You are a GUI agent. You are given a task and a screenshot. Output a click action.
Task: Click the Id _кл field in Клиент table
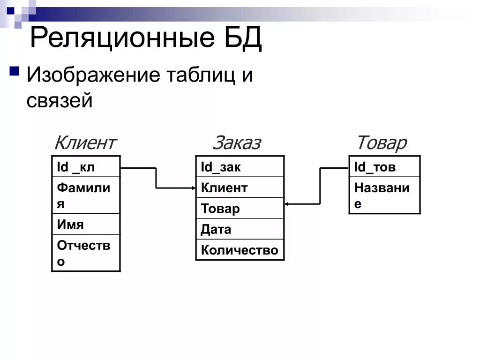click(86, 166)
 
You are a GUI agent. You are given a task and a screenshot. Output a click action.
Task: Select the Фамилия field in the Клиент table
click(86, 195)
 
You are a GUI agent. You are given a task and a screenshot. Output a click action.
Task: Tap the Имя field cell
click(86, 224)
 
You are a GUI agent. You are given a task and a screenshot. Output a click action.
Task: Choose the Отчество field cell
click(86, 253)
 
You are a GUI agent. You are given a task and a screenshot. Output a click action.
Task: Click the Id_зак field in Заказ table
click(240, 167)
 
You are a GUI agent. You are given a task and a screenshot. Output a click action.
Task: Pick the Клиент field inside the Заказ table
click(240, 187)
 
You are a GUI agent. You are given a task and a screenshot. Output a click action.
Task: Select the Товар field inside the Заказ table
click(240, 208)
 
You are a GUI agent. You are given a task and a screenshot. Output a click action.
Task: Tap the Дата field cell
click(240, 229)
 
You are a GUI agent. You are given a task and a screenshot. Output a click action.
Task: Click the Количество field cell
click(240, 250)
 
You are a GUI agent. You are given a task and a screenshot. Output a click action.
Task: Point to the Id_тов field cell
click(384, 167)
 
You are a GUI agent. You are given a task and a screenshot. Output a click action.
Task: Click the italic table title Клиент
click(85, 142)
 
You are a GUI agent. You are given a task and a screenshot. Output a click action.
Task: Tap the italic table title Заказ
click(237, 142)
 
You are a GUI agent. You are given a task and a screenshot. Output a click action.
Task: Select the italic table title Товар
click(382, 142)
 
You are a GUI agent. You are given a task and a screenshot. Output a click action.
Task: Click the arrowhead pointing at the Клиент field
click(193, 188)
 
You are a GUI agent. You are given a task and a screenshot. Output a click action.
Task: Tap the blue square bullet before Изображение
click(14, 72)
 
